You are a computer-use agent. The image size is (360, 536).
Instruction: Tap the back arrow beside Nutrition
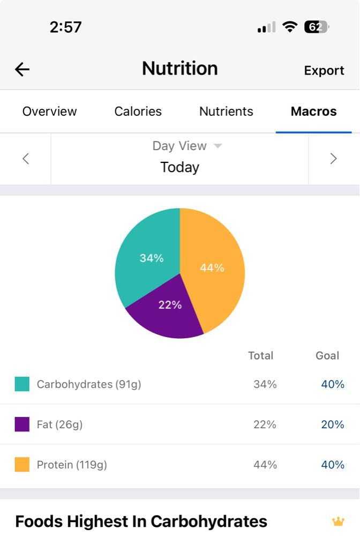click(x=22, y=69)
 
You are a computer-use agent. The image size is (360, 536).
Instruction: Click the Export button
click(x=324, y=70)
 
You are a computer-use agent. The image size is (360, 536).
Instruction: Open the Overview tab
click(x=49, y=111)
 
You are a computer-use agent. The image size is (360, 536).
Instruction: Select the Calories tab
click(x=138, y=111)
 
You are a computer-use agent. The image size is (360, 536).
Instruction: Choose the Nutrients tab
click(x=226, y=111)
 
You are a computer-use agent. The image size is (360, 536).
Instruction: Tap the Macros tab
click(x=313, y=111)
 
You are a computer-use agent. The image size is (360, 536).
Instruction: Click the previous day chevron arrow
click(x=25, y=159)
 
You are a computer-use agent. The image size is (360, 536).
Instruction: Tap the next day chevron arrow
click(x=333, y=159)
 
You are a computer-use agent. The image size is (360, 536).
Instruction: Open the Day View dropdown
click(x=186, y=146)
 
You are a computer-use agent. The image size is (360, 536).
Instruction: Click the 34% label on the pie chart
click(x=152, y=258)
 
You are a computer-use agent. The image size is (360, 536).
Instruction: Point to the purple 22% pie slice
click(x=166, y=311)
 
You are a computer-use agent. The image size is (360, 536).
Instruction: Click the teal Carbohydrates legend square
click(x=22, y=384)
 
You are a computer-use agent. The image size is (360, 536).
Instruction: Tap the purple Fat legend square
click(x=22, y=425)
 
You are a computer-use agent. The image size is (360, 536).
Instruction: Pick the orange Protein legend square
click(x=22, y=465)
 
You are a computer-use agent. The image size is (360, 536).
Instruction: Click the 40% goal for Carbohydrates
click(x=332, y=384)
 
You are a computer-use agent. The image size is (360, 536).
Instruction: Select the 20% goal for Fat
click(x=332, y=425)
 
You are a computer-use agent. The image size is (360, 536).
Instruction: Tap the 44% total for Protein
click(x=265, y=465)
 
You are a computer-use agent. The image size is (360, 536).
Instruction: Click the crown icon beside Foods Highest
click(x=338, y=521)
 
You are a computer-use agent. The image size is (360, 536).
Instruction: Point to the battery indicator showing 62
click(x=316, y=27)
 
